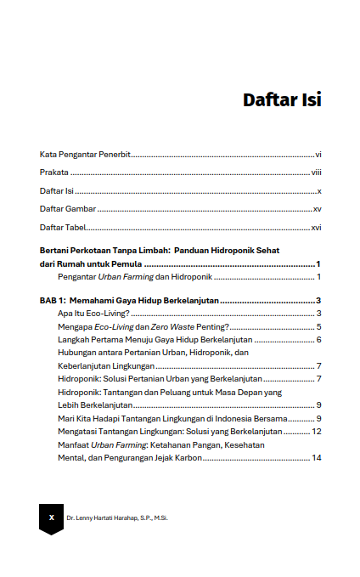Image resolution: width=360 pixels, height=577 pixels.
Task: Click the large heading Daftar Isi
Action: pos(282,99)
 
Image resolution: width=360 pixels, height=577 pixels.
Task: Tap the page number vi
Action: pos(318,155)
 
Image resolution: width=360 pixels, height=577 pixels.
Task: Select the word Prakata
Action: pos(53,173)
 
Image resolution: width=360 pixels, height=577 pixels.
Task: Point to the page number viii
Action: pos(316,173)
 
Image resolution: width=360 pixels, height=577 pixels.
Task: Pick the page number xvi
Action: pos(316,228)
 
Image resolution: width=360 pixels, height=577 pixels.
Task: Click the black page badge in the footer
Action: pos(52,517)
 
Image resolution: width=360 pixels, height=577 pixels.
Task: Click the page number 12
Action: pos(316,431)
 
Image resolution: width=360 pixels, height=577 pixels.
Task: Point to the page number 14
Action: pos(316,458)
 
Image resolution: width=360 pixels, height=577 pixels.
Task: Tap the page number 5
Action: pos(318,326)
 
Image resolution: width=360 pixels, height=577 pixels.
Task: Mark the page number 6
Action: pos(318,340)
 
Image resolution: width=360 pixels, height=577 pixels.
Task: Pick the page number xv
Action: pos(317,209)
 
